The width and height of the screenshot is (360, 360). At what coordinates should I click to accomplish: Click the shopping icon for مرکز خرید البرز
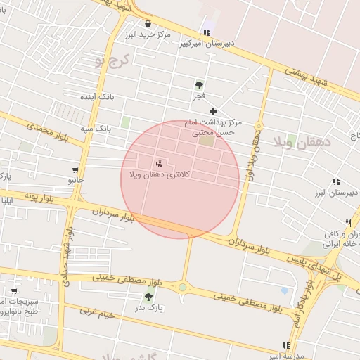[x=148, y=23]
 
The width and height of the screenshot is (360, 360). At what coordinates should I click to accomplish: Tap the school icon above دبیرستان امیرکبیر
[x=207, y=32]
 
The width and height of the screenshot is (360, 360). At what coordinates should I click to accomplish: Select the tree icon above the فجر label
[x=200, y=84]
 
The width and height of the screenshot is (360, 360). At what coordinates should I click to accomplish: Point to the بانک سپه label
[x=95, y=129]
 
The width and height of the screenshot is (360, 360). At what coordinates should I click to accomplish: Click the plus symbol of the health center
[x=213, y=111]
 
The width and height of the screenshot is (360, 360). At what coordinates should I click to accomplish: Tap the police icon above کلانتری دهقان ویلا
[x=158, y=163]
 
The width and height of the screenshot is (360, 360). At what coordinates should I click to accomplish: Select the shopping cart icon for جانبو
[x=75, y=170]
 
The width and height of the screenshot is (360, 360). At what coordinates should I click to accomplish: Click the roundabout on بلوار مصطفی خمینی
[x=184, y=286]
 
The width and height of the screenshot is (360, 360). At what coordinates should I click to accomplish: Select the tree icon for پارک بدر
[x=149, y=297]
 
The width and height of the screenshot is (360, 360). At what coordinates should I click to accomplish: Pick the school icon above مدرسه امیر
[x=286, y=345]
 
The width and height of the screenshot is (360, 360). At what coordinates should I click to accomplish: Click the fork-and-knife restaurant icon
[x=347, y=222]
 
